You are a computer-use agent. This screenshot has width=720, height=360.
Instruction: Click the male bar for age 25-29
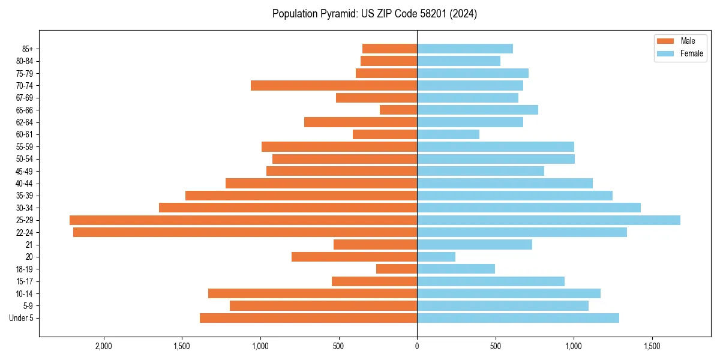click(243, 220)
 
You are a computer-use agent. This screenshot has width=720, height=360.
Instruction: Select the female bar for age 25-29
click(548, 220)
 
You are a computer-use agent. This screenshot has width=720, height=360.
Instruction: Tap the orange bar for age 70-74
click(334, 85)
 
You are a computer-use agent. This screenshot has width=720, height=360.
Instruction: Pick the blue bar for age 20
click(436, 257)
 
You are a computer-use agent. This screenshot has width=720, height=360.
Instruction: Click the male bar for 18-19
click(397, 269)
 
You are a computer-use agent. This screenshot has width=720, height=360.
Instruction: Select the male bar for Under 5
click(308, 318)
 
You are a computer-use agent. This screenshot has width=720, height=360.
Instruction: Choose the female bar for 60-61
click(448, 134)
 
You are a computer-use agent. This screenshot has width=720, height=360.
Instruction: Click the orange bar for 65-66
click(398, 110)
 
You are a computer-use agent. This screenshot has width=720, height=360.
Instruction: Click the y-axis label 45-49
click(24, 171)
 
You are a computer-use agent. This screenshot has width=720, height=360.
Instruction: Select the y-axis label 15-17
click(24, 281)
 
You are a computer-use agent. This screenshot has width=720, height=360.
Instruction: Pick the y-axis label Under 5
click(22, 318)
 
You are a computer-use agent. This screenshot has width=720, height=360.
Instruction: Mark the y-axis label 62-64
click(24, 122)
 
